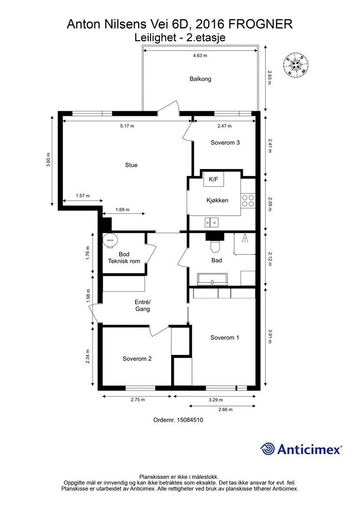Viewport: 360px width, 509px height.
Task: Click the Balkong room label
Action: pos(200,79)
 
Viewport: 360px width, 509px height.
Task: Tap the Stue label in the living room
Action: pos(131,165)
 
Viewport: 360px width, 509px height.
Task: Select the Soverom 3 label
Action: pos(225,143)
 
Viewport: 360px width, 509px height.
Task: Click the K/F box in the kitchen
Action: pos(214,179)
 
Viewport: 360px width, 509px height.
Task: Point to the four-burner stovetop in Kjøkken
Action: pos(248,201)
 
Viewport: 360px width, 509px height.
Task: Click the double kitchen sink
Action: pos(211,222)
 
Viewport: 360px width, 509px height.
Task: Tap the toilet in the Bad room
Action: pos(215,247)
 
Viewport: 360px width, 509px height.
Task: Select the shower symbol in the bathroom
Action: pos(245,239)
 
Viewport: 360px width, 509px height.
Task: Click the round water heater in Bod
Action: pos(110,241)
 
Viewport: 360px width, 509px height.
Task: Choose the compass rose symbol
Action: pos(295,64)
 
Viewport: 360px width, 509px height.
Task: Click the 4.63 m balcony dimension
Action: pos(200,56)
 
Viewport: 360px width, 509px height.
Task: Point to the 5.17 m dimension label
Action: pos(127,126)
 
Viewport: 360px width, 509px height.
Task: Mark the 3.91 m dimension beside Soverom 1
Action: pos(270,337)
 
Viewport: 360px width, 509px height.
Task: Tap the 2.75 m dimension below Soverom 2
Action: pos(138,400)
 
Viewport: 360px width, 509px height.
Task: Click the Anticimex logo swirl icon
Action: pos(268,449)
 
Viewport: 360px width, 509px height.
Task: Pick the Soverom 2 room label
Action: pos(137,359)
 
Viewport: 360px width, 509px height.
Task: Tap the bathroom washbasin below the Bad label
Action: pos(212,279)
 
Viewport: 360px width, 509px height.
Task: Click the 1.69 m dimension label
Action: pos(122,210)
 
